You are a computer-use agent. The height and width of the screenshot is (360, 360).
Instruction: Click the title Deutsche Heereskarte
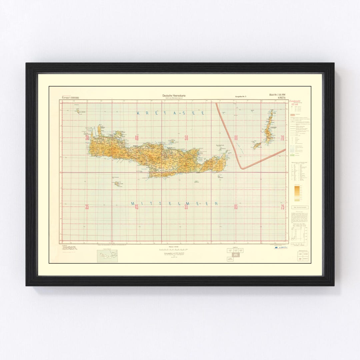[174, 96]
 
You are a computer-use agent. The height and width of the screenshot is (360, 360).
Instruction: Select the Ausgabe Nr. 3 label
[240, 97]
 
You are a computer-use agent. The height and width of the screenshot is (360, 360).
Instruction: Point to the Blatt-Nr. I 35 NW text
[277, 95]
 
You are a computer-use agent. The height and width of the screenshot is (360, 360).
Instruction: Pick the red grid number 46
[136, 138]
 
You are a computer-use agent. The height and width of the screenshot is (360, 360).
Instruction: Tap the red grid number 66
[236, 138]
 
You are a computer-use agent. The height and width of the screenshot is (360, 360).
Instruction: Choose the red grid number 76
[282, 138]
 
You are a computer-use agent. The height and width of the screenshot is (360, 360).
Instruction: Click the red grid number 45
[136, 207]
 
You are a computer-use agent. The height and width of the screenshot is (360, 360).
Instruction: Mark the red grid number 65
[236, 207]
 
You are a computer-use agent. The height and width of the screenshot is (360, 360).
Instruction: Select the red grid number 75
[282, 207]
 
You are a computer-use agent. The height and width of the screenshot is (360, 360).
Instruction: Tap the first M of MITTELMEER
[132, 204]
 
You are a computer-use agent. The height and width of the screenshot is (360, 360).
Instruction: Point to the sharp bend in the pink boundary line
[243, 168]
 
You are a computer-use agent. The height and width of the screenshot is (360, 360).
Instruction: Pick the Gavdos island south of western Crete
[117, 183]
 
